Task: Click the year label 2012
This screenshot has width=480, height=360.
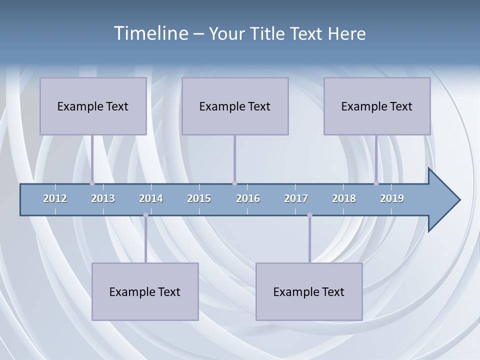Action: [x=55, y=198]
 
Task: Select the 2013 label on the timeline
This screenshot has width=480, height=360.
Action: [x=103, y=198]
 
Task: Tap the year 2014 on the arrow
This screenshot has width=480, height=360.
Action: [x=151, y=198]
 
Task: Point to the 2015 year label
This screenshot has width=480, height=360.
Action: [x=199, y=198]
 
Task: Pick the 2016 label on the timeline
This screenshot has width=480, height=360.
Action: [x=248, y=198]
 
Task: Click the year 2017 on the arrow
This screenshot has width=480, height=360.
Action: [x=296, y=198]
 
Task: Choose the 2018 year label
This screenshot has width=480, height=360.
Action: [x=344, y=198]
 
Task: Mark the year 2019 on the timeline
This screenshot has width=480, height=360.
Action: [x=392, y=198]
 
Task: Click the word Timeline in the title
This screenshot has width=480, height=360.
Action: [x=150, y=33]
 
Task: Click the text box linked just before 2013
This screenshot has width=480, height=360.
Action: [x=93, y=106]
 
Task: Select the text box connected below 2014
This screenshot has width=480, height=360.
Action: [x=145, y=291]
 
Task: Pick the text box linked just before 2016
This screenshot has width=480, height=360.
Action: [x=235, y=106]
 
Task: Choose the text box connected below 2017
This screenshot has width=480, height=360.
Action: [x=309, y=291]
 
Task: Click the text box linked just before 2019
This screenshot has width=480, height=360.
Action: [x=377, y=106]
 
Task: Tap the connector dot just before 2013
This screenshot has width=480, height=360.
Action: [x=92, y=183]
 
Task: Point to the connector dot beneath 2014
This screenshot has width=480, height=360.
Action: [x=145, y=215]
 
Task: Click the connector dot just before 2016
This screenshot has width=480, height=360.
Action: [x=234, y=183]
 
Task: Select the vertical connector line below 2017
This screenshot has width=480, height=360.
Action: [x=309, y=240]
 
